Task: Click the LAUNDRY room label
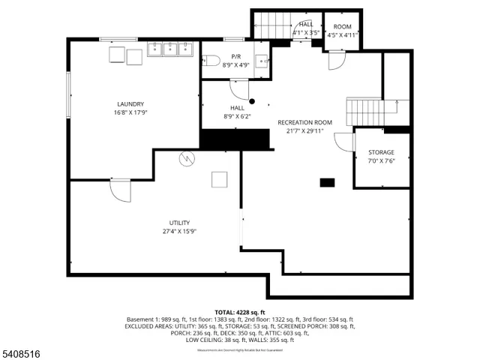130,104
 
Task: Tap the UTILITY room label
179,223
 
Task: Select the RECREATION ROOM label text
304,122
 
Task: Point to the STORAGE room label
381,152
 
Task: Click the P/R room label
235,57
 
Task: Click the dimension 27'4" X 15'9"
179,232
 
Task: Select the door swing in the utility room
120,190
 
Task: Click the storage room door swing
343,142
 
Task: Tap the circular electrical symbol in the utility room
185,158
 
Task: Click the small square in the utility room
219,179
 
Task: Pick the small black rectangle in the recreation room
327,182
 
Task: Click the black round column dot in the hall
252,101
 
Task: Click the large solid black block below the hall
235,139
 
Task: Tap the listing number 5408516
22,352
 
